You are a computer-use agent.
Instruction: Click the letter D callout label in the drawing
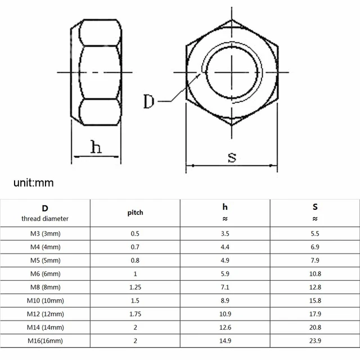click(149, 102)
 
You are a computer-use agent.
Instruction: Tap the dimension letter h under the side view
click(96, 147)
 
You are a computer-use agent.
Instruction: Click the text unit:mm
click(34, 183)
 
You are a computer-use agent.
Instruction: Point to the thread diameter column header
click(45, 213)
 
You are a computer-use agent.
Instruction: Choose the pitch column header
click(135, 213)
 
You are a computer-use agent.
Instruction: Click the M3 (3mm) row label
click(45, 233)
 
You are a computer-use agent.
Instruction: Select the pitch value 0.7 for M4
click(135, 247)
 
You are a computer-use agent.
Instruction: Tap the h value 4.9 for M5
click(225, 260)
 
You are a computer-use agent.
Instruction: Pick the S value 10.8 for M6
click(315, 274)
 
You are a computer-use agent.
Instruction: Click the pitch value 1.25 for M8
click(135, 287)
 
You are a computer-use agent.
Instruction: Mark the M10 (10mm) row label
click(45, 300)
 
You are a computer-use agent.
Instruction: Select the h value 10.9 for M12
click(225, 314)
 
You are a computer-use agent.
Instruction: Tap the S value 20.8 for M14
click(315, 327)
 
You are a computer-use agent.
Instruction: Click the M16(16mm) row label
click(45, 341)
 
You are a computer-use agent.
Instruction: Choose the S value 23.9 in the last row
click(315, 341)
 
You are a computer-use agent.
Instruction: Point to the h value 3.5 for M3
click(225, 233)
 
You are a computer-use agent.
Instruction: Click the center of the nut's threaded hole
click(232, 73)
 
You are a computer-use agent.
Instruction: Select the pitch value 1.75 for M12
click(135, 314)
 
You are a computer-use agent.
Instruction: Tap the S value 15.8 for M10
click(315, 300)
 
